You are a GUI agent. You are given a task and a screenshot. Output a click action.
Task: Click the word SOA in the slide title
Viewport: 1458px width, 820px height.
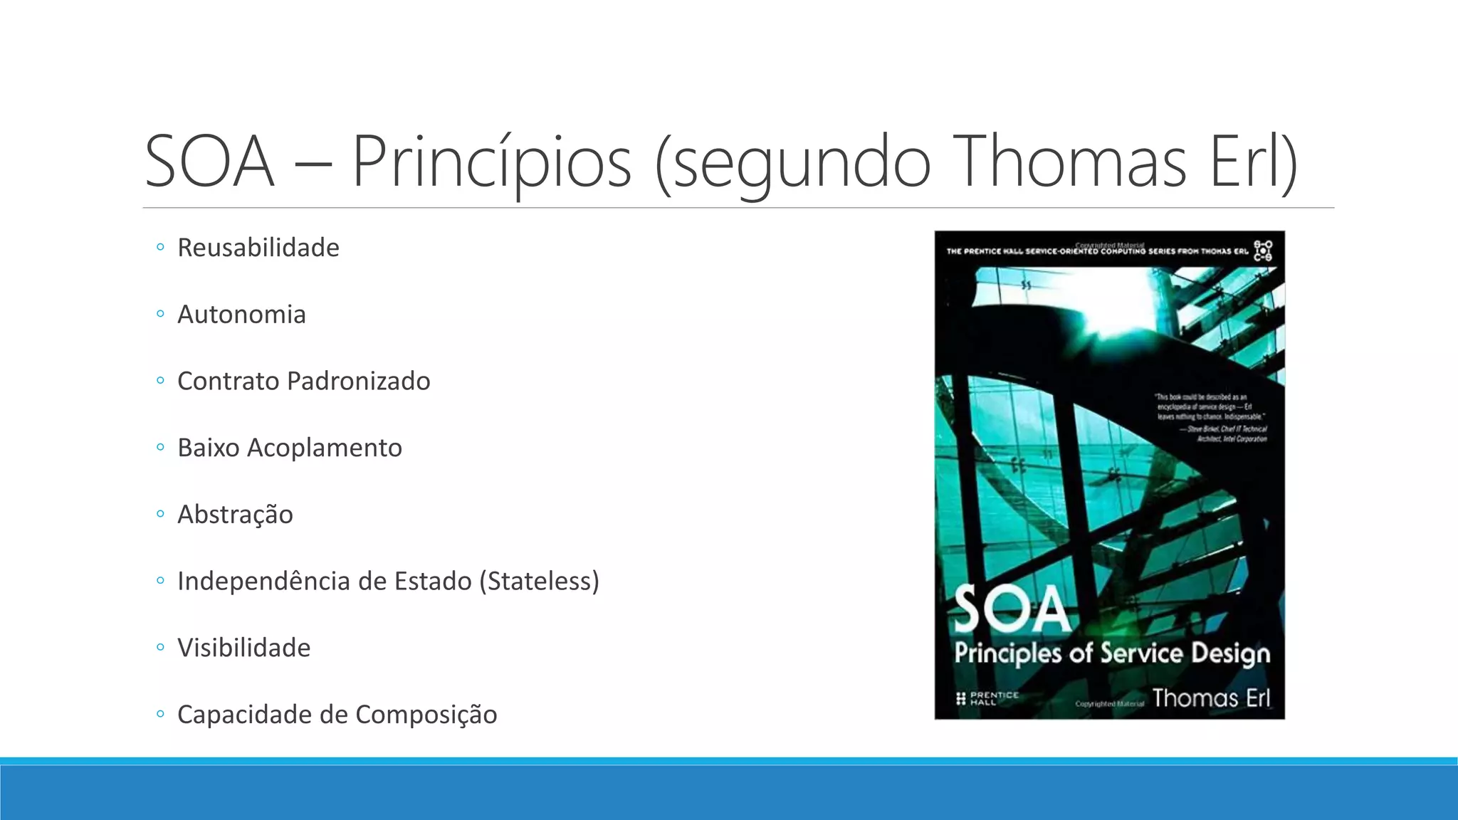(x=209, y=162)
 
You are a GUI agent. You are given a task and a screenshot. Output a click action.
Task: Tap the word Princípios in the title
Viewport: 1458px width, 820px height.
(x=492, y=162)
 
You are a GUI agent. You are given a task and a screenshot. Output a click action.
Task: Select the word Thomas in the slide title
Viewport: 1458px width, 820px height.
(x=1070, y=162)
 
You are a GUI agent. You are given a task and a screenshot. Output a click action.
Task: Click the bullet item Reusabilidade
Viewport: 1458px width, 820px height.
(x=258, y=248)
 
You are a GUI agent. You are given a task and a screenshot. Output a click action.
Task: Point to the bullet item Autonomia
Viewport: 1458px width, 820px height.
(x=241, y=315)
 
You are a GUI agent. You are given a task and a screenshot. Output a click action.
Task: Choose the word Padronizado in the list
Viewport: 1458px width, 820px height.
(x=358, y=382)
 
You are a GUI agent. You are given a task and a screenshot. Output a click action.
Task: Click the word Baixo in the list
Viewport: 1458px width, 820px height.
(x=208, y=448)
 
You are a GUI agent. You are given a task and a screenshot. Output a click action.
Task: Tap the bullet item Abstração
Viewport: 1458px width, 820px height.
(x=235, y=515)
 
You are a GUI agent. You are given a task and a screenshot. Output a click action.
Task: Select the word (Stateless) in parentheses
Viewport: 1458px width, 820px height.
(x=539, y=582)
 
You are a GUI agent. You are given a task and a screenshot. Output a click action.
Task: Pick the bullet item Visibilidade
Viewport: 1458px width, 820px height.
(x=243, y=648)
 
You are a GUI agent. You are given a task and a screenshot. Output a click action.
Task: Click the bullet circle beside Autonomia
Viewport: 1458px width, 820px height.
(x=160, y=314)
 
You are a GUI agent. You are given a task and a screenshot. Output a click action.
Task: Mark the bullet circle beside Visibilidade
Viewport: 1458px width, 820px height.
(x=160, y=648)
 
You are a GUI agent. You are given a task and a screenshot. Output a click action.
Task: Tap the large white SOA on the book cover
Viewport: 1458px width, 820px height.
(x=1012, y=610)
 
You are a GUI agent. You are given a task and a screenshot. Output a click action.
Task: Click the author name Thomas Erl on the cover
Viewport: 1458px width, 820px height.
(x=1210, y=698)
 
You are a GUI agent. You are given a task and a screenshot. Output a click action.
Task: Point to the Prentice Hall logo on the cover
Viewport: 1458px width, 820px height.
(x=987, y=698)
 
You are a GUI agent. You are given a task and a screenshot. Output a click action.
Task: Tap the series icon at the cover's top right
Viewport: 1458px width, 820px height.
(x=1263, y=251)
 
